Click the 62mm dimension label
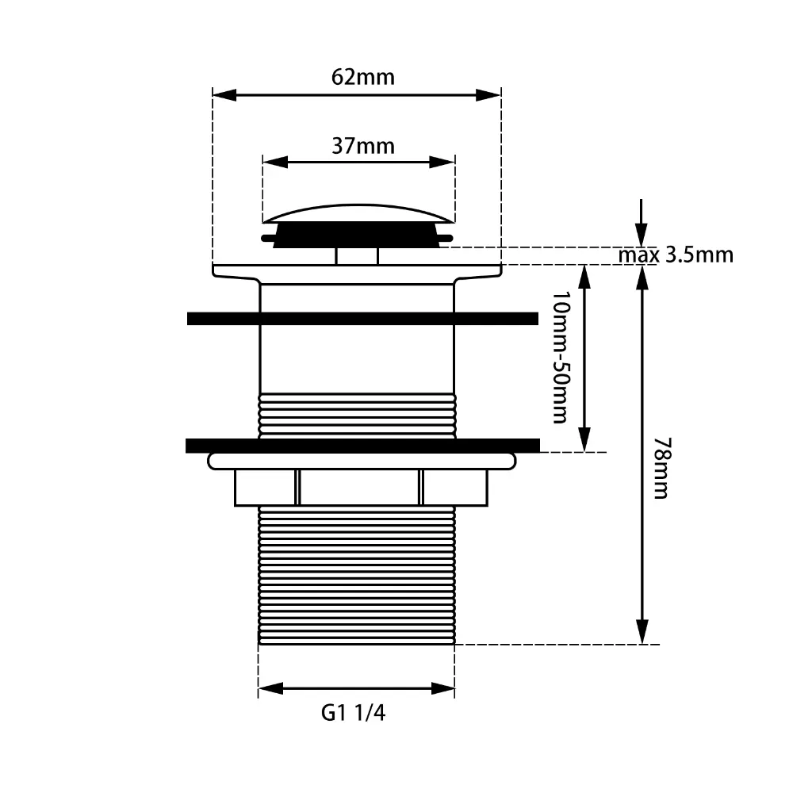(362, 78)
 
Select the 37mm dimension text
(362, 147)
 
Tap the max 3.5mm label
(676, 255)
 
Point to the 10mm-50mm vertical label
(560, 358)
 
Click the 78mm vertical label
(661, 467)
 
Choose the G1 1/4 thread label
(354, 713)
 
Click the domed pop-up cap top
(358, 212)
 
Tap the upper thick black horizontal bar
(362, 319)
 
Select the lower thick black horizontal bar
(362, 445)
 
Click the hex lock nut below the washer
(361, 487)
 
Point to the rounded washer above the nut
(361, 461)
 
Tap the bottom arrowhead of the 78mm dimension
(642, 634)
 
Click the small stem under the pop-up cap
(357, 256)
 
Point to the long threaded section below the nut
(357, 576)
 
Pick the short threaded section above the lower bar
(357, 415)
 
